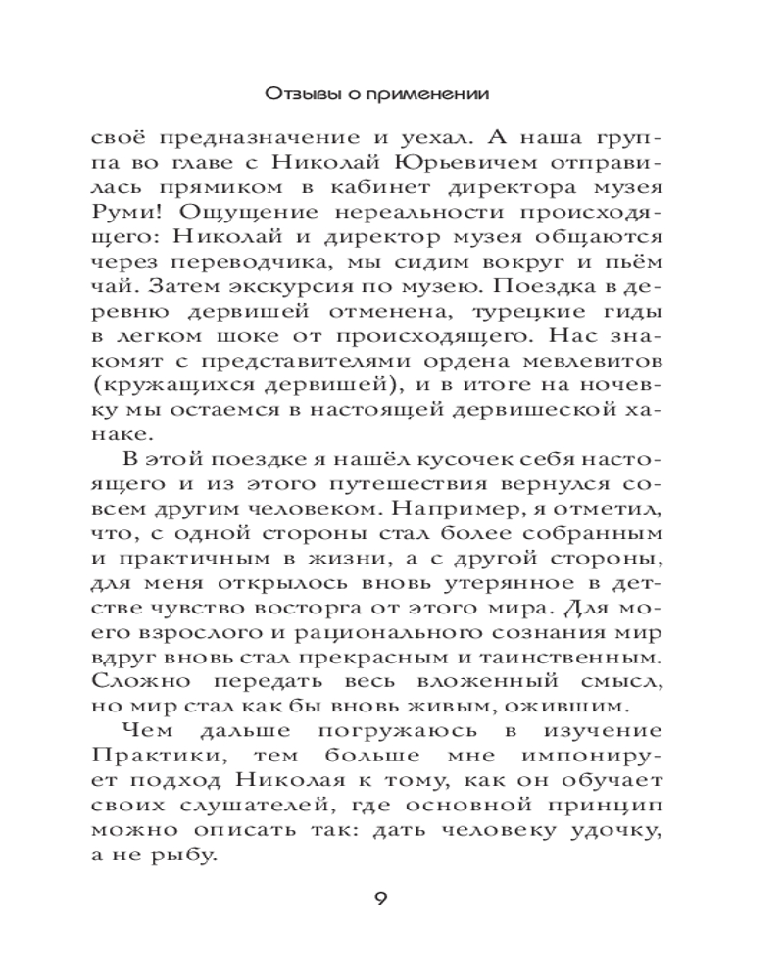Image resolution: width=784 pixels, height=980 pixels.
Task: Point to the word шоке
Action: [255, 345]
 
